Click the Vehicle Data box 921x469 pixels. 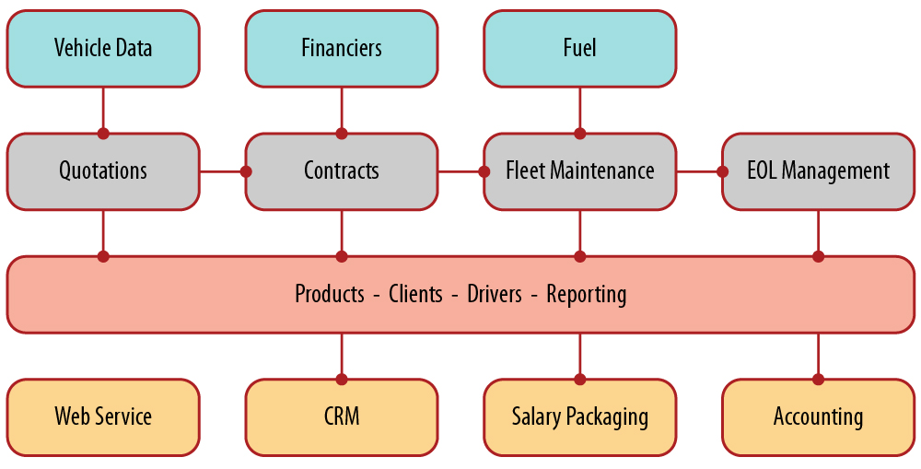click(x=103, y=48)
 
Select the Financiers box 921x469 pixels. click(x=342, y=48)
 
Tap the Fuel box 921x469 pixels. click(x=579, y=48)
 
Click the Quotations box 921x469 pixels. click(x=103, y=171)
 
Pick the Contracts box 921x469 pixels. click(x=342, y=171)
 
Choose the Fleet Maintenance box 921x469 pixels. click(x=579, y=171)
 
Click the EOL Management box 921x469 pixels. click(x=818, y=171)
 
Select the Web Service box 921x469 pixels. click(x=103, y=416)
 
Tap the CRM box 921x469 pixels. click(x=342, y=416)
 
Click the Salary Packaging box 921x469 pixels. click(x=579, y=416)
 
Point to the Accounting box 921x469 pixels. click(x=818, y=416)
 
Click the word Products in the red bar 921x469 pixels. click(x=330, y=295)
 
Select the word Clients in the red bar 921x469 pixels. click(x=417, y=295)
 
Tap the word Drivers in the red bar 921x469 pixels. click(x=495, y=295)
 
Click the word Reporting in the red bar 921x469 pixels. click(x=587, y=295)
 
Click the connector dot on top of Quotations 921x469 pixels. click(x=103, y=134)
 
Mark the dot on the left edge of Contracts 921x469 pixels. click(x=246, y=171)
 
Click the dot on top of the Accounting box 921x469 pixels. click(x=818, y=379)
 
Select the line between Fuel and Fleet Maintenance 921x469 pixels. click(x=579, y=110)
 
